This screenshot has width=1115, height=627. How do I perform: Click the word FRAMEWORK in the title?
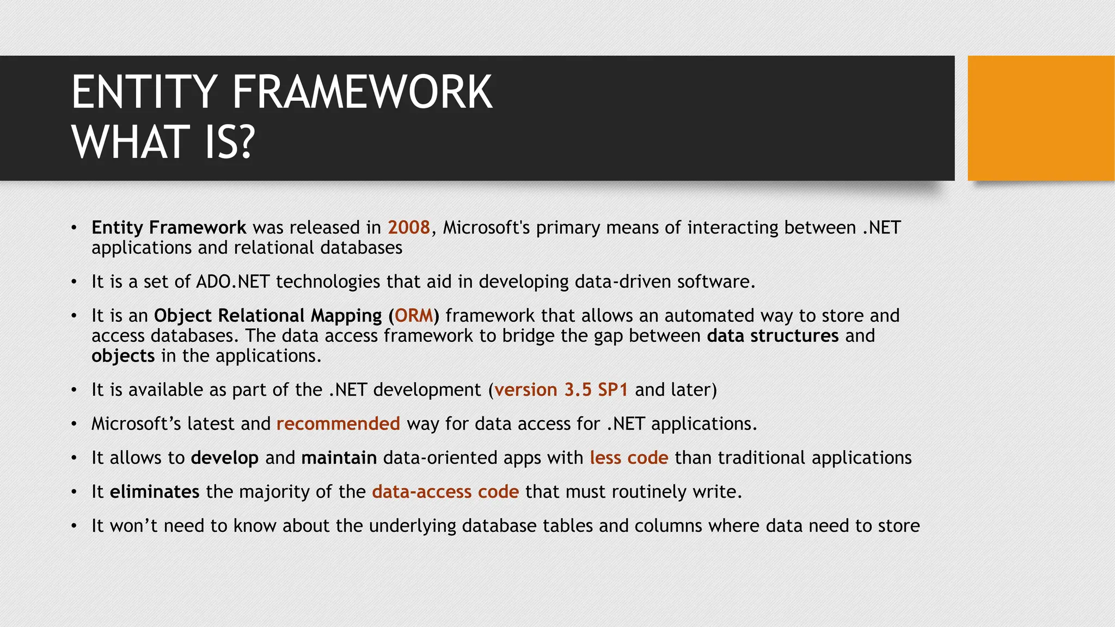362,93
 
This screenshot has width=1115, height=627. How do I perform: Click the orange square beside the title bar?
1040,118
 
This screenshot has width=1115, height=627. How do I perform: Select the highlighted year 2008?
409,228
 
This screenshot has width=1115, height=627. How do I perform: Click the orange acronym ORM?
414,316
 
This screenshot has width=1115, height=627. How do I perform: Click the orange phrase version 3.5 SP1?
561,390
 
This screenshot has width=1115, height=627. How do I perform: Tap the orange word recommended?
338,423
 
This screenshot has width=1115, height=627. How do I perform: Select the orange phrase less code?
629,458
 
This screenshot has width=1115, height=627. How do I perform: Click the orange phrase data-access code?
445,492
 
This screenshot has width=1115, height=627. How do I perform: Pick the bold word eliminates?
155,492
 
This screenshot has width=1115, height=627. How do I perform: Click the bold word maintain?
339,458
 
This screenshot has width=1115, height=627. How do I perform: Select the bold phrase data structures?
773,336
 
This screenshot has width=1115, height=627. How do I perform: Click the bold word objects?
123,356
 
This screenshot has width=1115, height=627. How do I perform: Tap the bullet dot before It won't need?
74,526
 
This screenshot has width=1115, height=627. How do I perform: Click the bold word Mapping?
346,316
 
